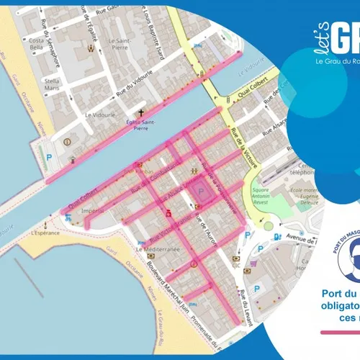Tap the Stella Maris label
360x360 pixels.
[x=52, y=85]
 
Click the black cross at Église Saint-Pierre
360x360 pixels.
[x=142, y=112]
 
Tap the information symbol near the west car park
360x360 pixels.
[x=67, y=141]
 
